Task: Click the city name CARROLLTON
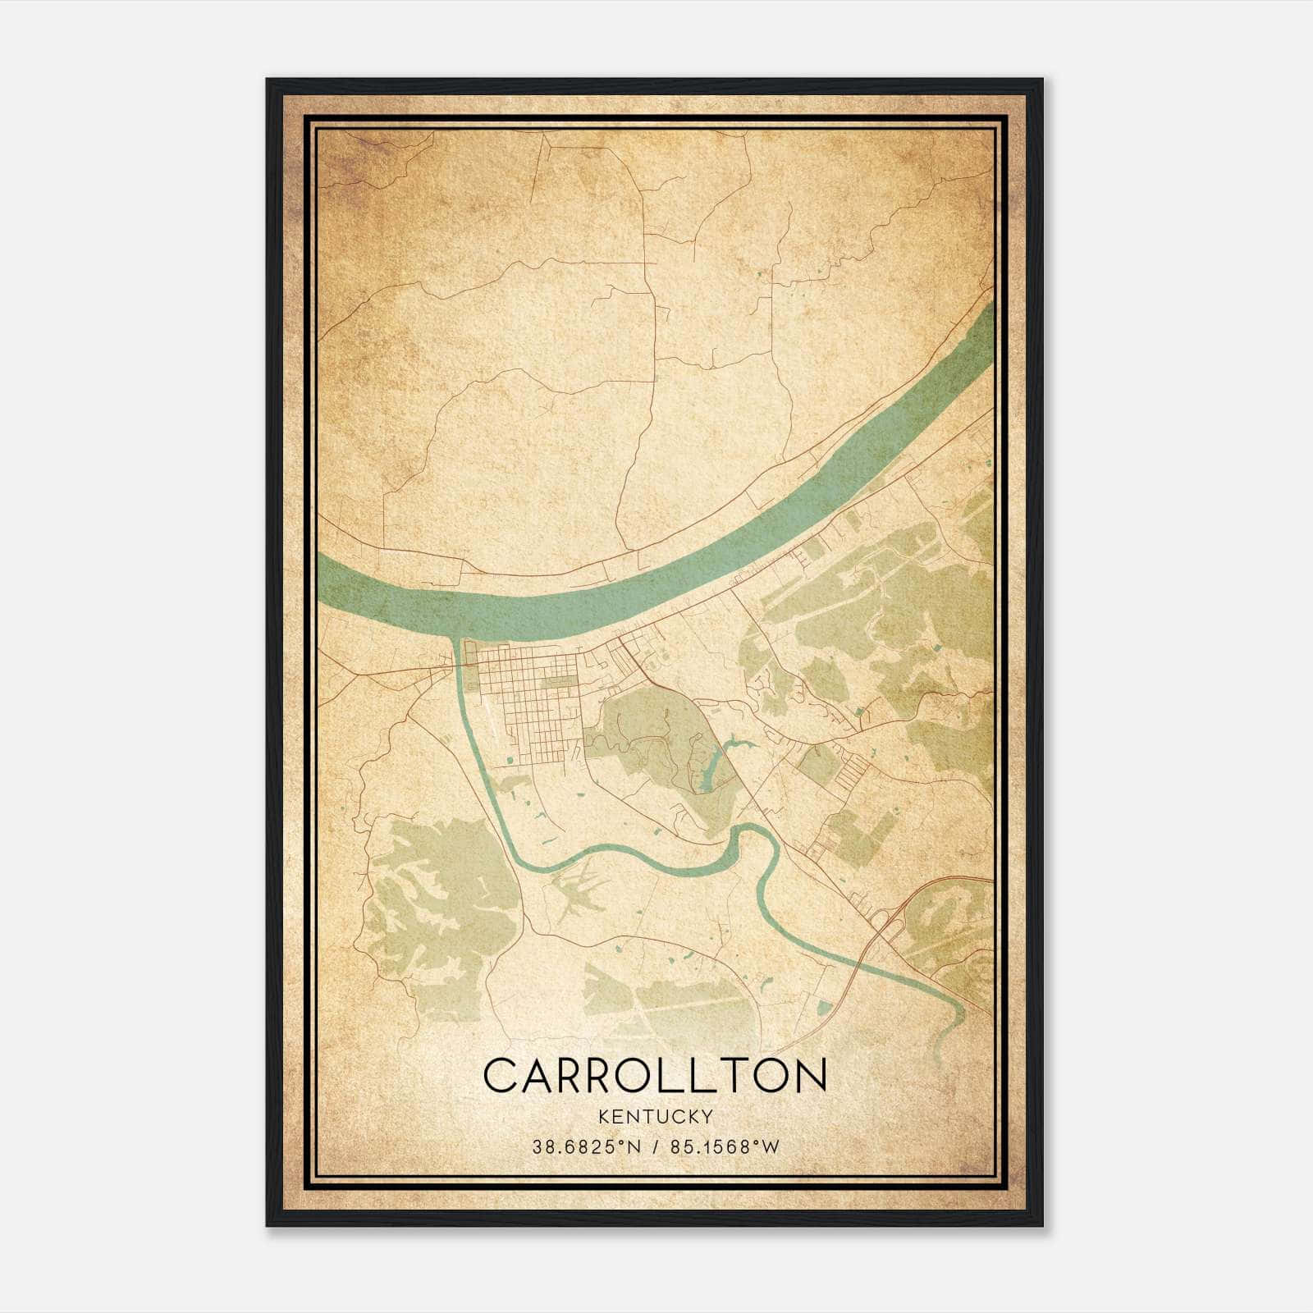655,1075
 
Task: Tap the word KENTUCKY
656,1117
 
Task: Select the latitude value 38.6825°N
584,1147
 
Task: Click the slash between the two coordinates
654,1147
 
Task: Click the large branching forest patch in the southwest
435,903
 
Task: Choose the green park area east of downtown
648,730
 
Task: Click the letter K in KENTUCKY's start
604,1117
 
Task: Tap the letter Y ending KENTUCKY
707,1117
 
